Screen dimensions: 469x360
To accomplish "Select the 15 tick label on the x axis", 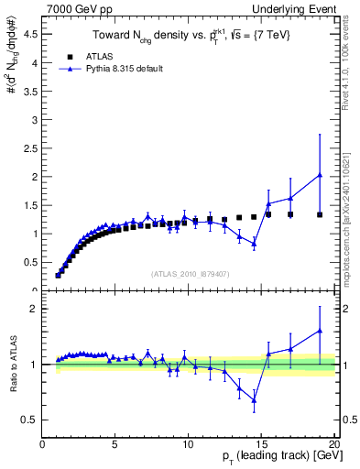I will [x=261, y=444].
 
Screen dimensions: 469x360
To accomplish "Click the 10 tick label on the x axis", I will [x=188, y=444].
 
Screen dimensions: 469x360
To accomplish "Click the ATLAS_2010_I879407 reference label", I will [x=189, y=273].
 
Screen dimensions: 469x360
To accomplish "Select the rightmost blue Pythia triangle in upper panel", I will [x=320, y=175].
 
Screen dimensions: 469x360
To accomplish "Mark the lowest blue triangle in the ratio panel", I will [x=254, y=400].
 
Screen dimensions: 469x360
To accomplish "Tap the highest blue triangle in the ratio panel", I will [x=320, y=331].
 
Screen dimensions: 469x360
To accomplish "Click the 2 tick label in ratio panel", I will [x=35, y=309].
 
